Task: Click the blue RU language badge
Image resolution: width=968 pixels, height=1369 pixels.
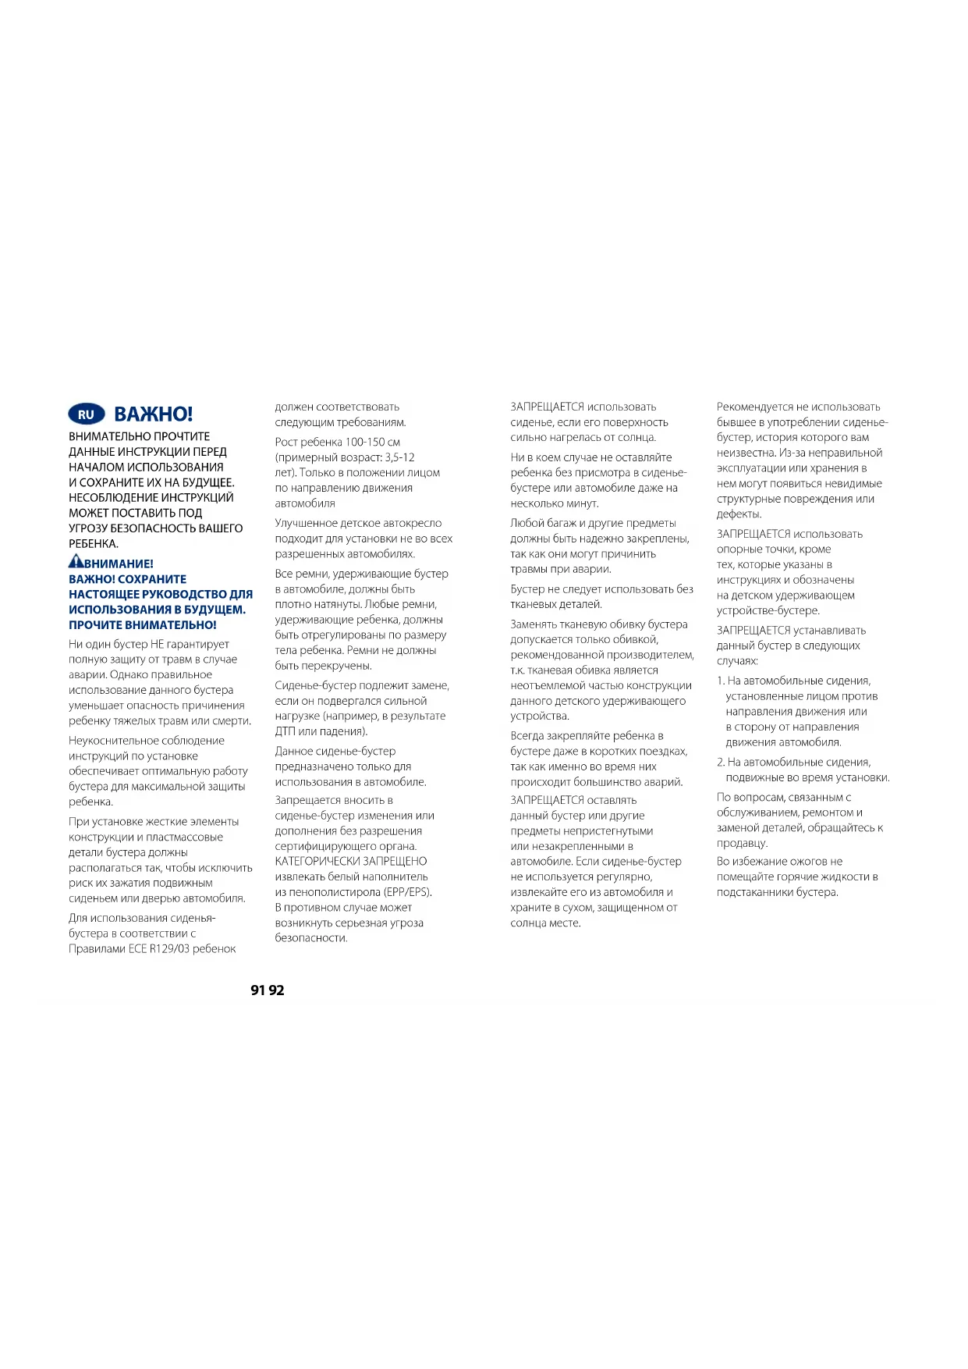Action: [86, 414]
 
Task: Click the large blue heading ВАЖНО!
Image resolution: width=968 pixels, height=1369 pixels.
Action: [154, 414]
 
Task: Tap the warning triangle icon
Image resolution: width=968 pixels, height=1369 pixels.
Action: [76, 561]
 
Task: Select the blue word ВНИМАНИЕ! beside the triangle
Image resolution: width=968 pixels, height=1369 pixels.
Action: [119, 564]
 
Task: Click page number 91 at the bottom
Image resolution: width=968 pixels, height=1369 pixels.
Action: [258, 990]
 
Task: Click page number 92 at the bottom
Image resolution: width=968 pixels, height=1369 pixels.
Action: [277, 990]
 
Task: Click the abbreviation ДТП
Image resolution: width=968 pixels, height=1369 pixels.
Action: [285, 732]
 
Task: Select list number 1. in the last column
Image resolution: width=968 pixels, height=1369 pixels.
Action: [721, 681]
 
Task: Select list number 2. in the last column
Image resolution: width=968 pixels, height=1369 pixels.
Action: [721, 763]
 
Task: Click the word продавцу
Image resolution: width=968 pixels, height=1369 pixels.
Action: [742, 844]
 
